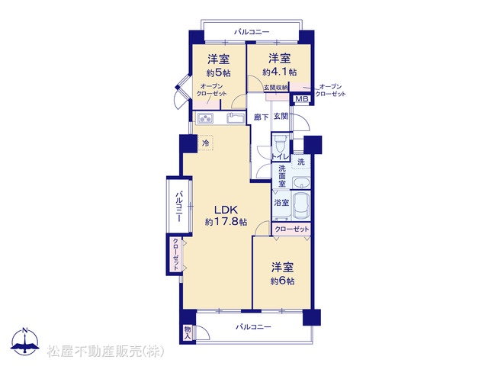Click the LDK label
pyautogui.click(x=226, y=209)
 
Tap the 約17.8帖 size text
pyautogui.click(x=226, y=222)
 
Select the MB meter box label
pyautogui.click(x=302, y=99)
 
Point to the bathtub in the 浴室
pyautogui.click(x=300, y=206)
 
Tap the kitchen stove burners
pyautogui.click(x=205, y=119)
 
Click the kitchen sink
pyautogui.click(x=235, y=118)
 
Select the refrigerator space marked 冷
pyautogui.click(x=205, y=143)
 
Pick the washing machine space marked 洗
pyautogui.click(x=300, y=162)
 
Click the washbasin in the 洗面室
pyautogui.click(x=301, y=183)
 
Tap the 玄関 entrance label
pyautogui.click(x=281, y=117)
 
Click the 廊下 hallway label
pyautogui.click(x=261, y=117)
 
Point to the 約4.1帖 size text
pyautogui.click(x=280, y=72)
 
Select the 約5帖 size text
pyautogui.click(x=219, y=73)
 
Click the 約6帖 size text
pyautogui.click(x=282, y=281)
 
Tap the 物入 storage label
pyautogui.click(x=188, y=332)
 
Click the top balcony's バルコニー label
pyautogui.click(x=252, y=32)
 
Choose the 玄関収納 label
pyautogui.click(x=276, y=88)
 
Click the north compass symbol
pyautogui.click(x=25, y=342)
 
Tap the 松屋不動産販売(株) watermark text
pyautogui.click(x=106, y=352)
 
